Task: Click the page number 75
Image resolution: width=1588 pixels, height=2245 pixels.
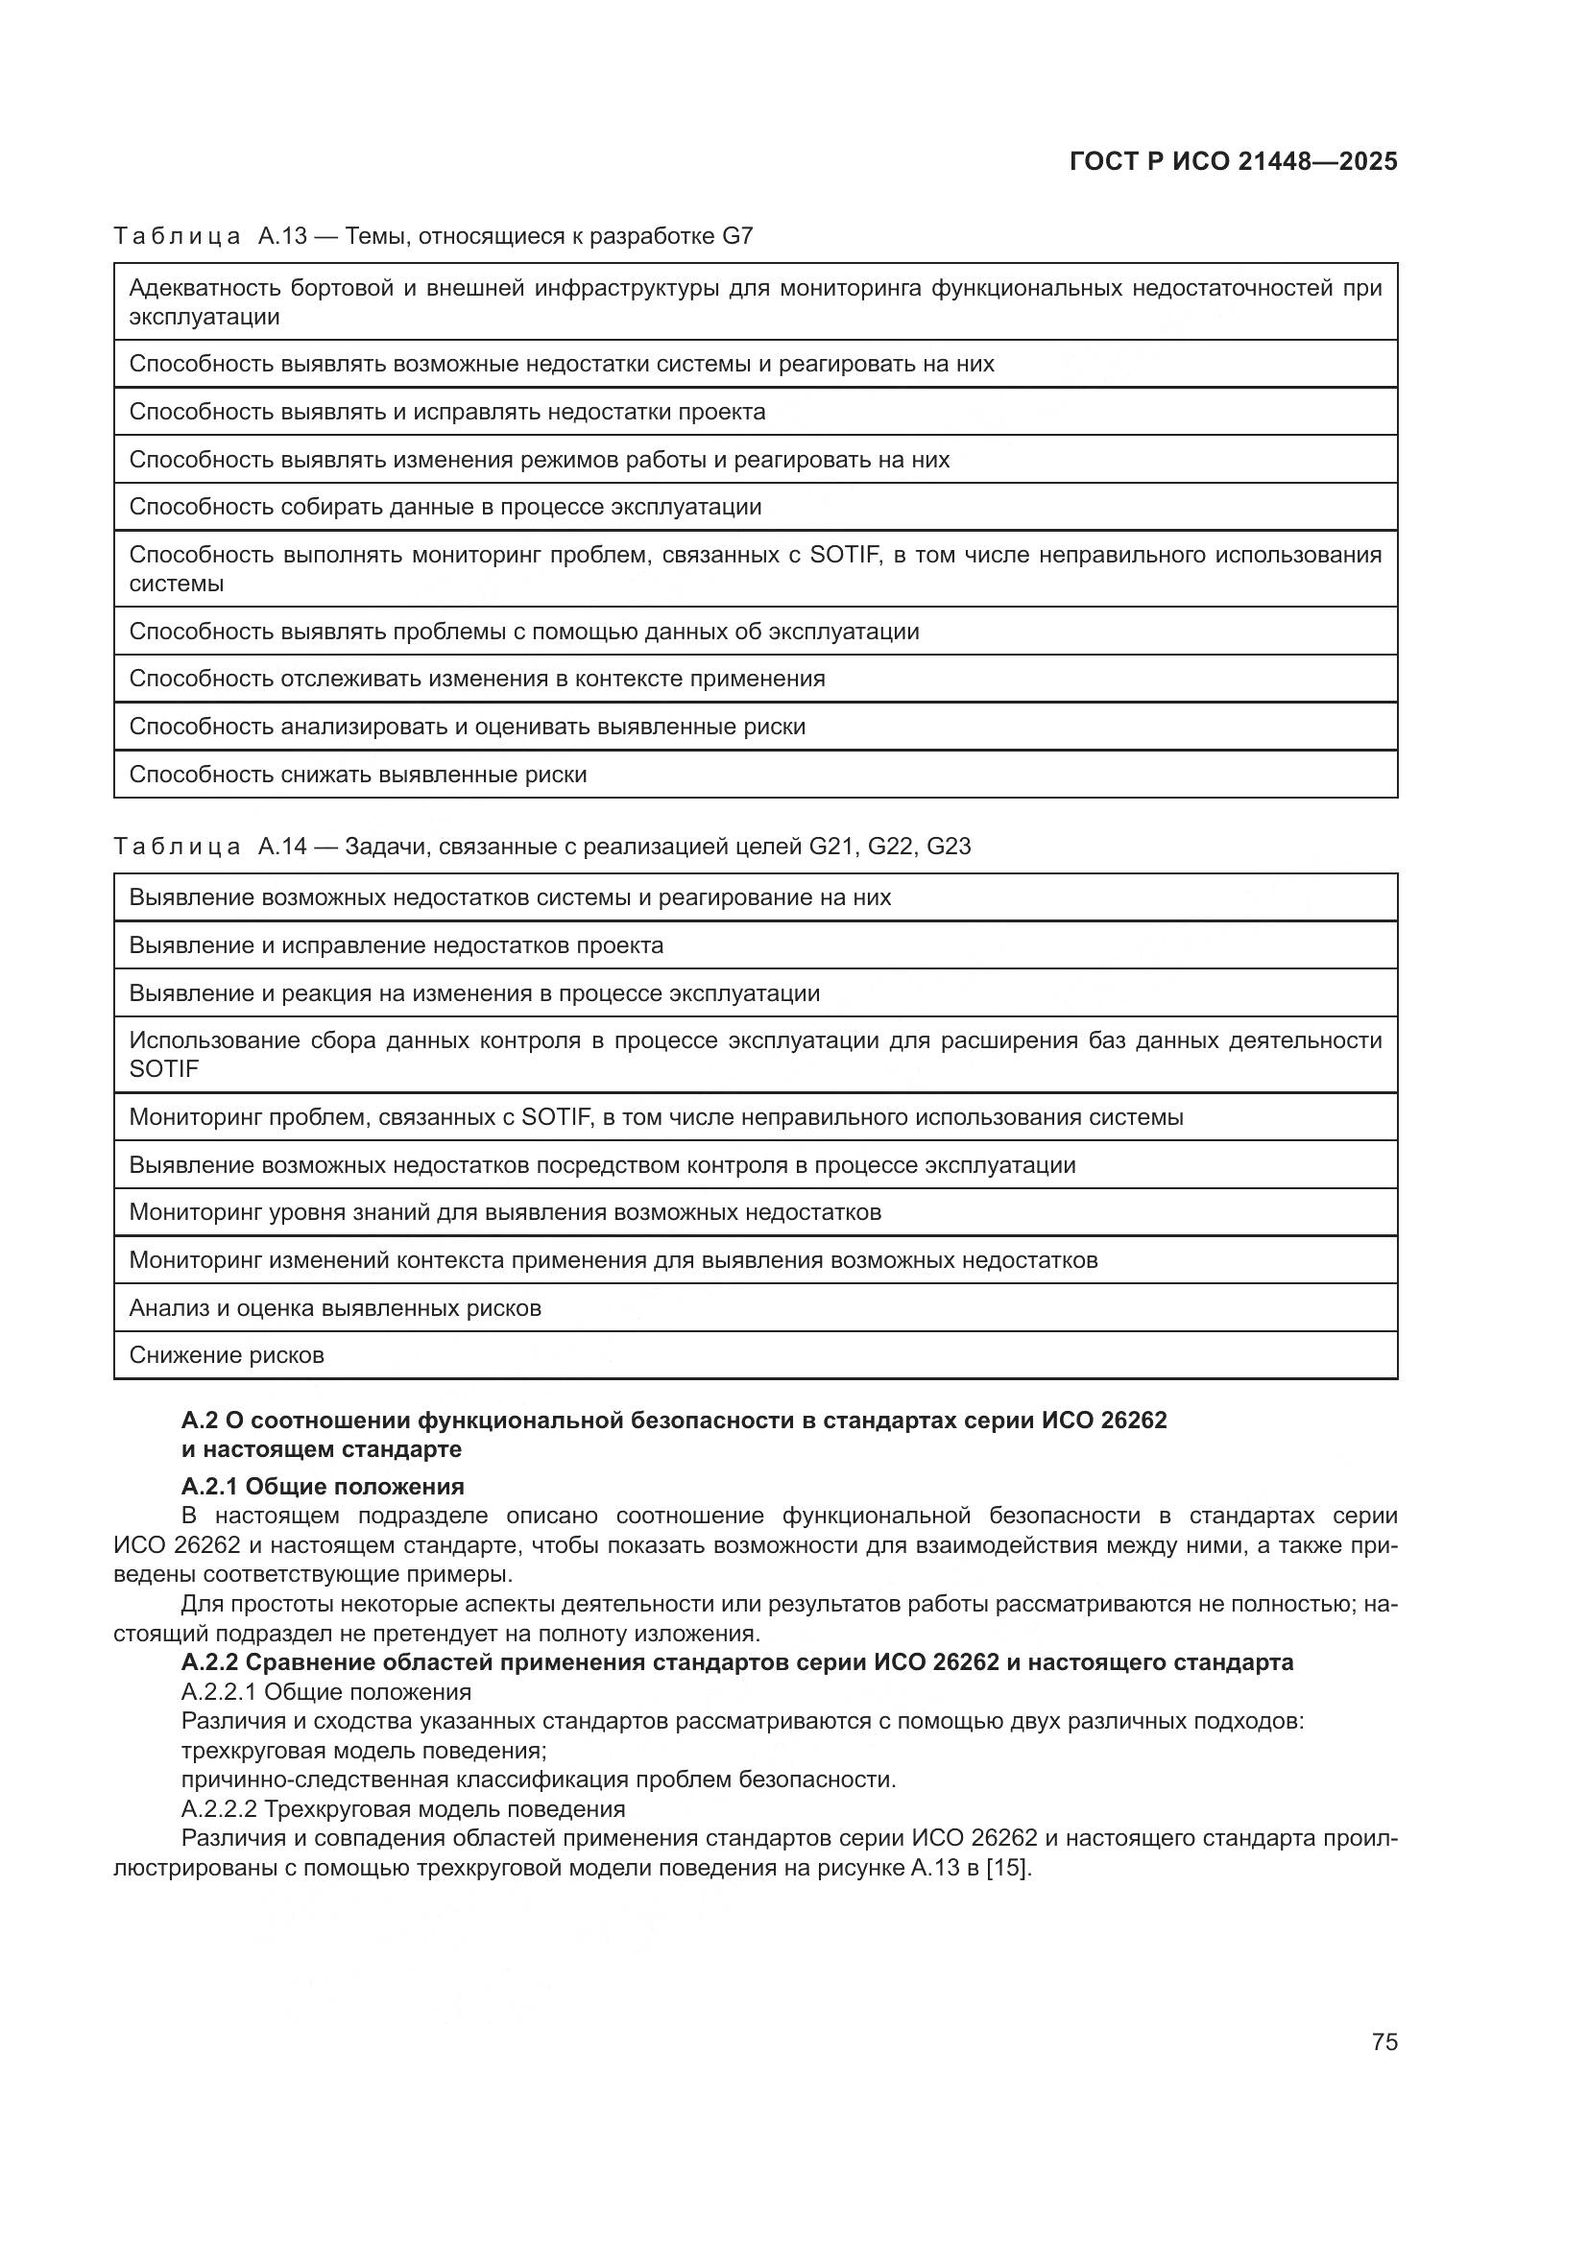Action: [x=1383, y=2042]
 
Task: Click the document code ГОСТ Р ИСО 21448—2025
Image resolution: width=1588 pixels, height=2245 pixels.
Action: [x=1233, y=162]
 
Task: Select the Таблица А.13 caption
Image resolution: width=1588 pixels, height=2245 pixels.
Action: [x=432, y=236]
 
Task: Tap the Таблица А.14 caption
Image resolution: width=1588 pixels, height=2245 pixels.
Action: [x=541, y=846]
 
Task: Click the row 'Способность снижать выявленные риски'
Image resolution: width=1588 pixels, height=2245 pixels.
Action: [x=358, y=775]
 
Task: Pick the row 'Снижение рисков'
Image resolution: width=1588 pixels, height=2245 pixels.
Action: [x=227, y=1355]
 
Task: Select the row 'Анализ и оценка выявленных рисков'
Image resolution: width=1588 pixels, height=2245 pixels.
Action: [x=335, y=1307]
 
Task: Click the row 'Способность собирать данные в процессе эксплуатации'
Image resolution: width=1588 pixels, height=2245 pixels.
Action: [x=445, y=507]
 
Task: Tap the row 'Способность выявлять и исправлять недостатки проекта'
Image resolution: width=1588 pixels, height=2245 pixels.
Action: [x=446, y=412]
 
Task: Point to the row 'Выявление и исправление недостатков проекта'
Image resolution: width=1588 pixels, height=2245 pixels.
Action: [x=396, y=945]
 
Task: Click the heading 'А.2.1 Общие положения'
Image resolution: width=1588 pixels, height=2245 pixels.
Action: [x=323, y=1486]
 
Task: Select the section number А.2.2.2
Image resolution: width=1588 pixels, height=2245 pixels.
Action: [x=219, y=1808]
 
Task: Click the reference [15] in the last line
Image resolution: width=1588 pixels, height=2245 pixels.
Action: [x=1008, y=1868]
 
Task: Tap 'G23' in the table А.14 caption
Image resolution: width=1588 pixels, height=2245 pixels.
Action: [x=948, y=846]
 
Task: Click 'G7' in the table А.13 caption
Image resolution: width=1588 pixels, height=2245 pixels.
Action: [x=737, y=236]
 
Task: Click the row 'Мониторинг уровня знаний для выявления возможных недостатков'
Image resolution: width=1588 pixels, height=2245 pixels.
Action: [x=505, y=1212]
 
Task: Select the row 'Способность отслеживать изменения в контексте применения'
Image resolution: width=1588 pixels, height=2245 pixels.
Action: [x=477, y=679]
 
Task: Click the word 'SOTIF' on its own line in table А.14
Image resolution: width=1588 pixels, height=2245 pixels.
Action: [x=164, y=1068]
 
